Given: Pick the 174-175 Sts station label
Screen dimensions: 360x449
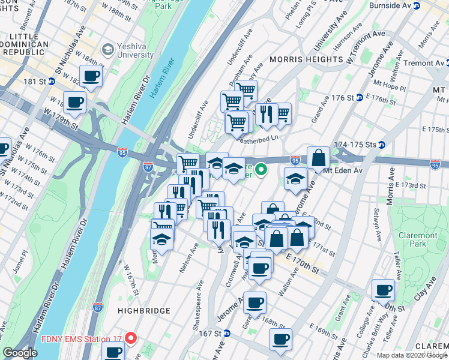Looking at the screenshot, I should [359, 145].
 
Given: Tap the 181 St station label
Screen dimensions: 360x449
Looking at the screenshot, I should [43, 81].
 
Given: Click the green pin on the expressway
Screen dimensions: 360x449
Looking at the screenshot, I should [261, 170].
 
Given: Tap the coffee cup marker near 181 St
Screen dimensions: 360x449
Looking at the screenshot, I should [91, 76].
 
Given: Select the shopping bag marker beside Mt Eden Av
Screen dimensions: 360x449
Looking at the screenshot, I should [318, 158].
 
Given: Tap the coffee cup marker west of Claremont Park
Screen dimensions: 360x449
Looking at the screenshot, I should [383, 290].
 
